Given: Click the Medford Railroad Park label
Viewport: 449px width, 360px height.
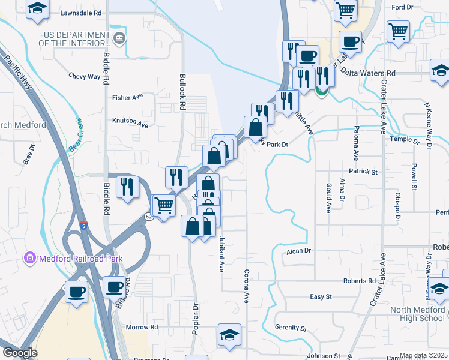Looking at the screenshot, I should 80,259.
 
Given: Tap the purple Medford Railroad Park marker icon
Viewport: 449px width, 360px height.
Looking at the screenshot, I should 29,259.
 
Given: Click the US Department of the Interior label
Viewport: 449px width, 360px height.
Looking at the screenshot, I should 74,38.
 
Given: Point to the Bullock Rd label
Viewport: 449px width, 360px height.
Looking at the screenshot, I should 181,92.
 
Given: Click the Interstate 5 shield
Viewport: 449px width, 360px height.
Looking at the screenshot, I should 83,226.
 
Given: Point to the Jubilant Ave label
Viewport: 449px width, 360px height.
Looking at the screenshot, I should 221,252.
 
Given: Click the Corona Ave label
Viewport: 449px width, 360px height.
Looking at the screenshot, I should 246,285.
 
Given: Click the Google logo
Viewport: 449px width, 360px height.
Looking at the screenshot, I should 19,352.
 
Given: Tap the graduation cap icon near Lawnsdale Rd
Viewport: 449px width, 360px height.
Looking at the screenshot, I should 38,8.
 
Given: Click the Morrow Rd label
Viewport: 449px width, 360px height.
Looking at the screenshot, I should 142,327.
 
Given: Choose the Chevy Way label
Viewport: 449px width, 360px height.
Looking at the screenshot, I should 85,76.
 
